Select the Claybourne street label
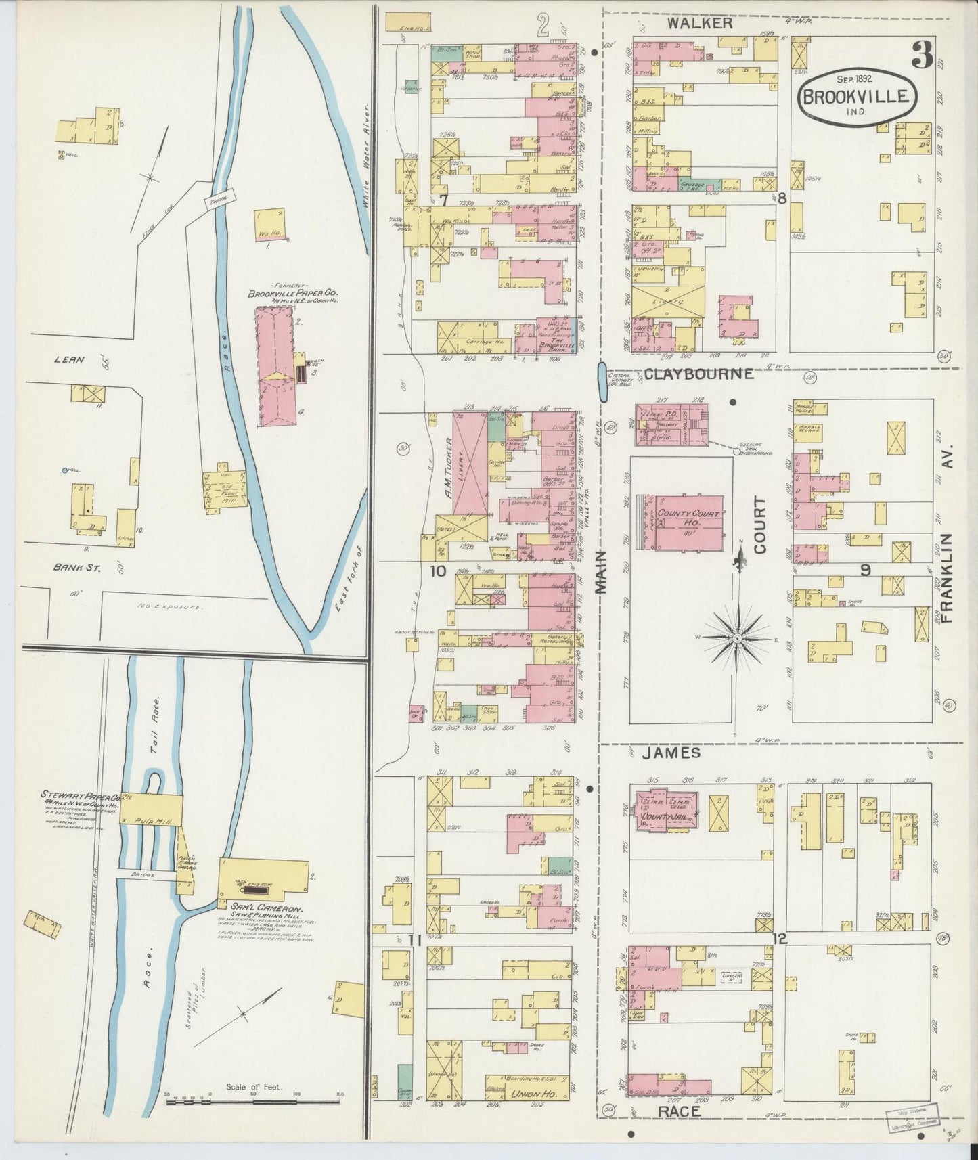click(698, 374)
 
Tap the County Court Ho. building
click(684, 521)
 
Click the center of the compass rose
click(737, 638)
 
